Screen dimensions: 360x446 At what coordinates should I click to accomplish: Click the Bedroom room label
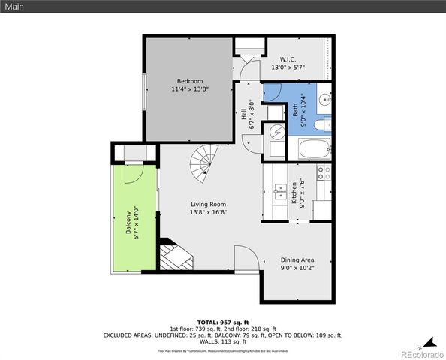pos(190,81)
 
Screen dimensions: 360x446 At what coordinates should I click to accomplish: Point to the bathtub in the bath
pos(310,151)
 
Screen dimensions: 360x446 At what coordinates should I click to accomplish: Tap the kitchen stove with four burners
pos(324,174)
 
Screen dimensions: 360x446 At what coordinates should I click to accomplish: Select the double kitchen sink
pos(279,193)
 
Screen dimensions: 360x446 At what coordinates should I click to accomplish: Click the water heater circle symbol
pos(276,132)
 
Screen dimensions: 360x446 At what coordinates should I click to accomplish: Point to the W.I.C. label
pos(288,59)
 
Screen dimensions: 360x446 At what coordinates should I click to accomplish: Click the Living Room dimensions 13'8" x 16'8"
pos(208,212)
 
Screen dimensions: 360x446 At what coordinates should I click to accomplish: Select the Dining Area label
pos(297,259)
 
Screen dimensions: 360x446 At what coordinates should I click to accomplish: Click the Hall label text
pos(244,115)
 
